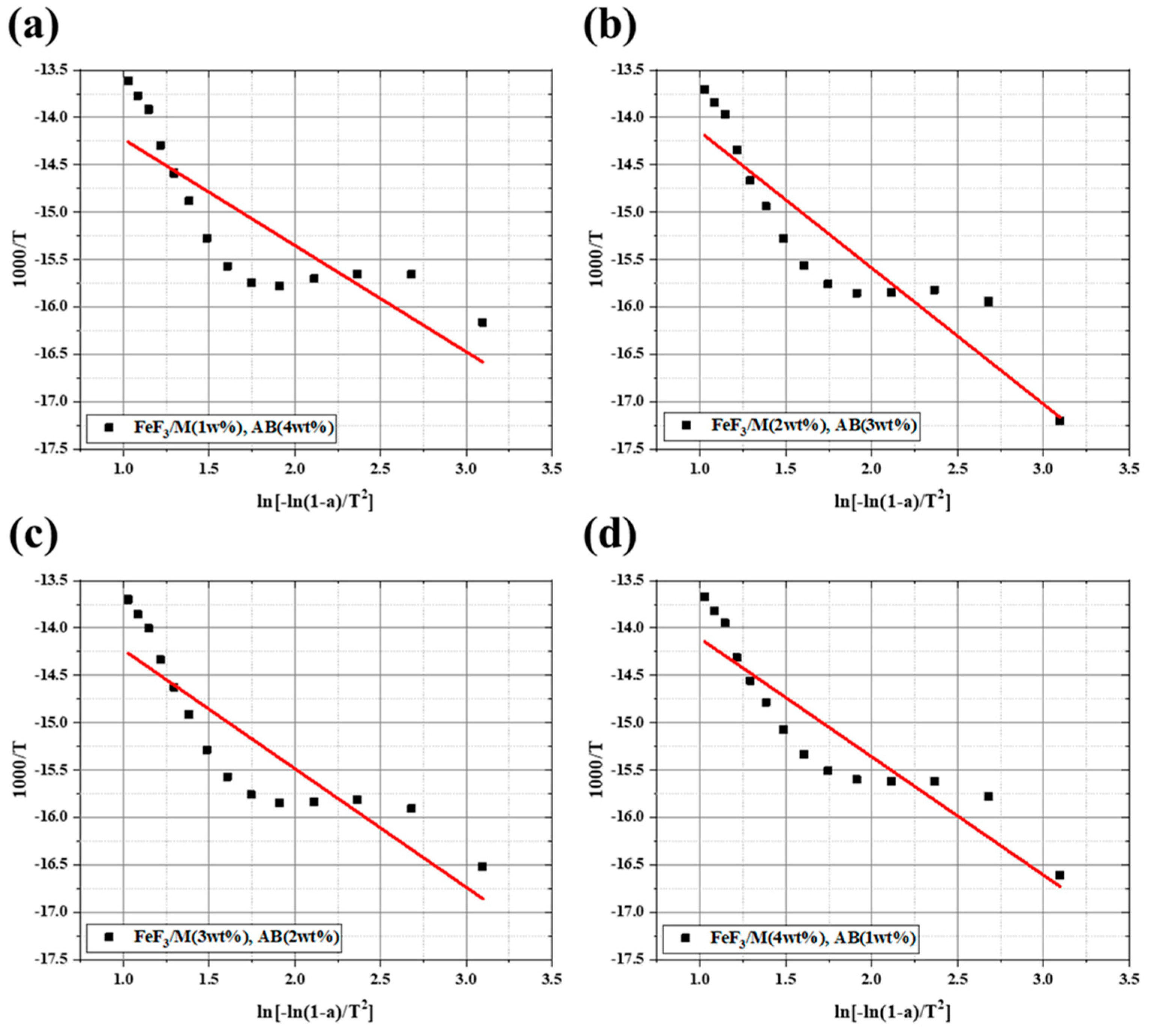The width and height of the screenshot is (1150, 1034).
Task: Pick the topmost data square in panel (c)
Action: click(x=128, y=599)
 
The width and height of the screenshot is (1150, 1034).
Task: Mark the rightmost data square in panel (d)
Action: click(x=1060, y=876)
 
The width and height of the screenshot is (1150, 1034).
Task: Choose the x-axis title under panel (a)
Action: click(x=315, y=501)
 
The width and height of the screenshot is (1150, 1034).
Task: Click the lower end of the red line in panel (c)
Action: click(x=483, y=899)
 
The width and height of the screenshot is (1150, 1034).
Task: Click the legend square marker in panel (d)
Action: click(x=686, y=938)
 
